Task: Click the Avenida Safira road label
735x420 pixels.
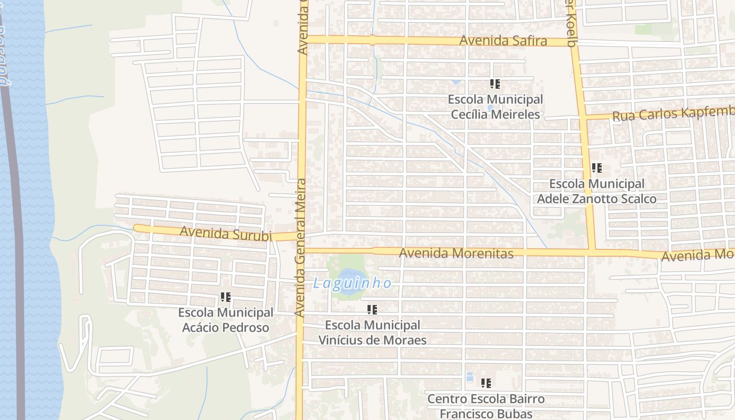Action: pos(503,41)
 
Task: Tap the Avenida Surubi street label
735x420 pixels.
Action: pos(226,233)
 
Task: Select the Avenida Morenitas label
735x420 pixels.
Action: pos(456,254)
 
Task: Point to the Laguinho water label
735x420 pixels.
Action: pos(352,283)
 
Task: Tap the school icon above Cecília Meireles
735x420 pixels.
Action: pos(495,84)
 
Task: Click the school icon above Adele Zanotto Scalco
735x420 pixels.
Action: pos(596,169)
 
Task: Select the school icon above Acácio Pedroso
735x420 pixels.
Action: pos(226,298)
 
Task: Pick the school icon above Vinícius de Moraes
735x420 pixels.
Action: pos(372,310)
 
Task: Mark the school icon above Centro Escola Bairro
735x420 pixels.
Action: pos(486,383)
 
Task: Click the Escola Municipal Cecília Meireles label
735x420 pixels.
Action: pos(495,107)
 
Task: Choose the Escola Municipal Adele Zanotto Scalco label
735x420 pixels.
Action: pos(596,192)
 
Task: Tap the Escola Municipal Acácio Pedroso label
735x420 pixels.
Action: pos(226,320)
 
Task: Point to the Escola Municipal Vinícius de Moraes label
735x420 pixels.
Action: pos(372,332)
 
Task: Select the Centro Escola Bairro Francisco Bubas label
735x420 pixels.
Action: pos(486,406)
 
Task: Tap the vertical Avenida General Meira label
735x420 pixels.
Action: pos(301,247)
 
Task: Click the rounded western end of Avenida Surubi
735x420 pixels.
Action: pos(136,228)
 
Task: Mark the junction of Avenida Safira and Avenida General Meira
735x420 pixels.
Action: pos(302,39)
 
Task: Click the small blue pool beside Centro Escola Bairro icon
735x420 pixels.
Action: pos(470,377)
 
